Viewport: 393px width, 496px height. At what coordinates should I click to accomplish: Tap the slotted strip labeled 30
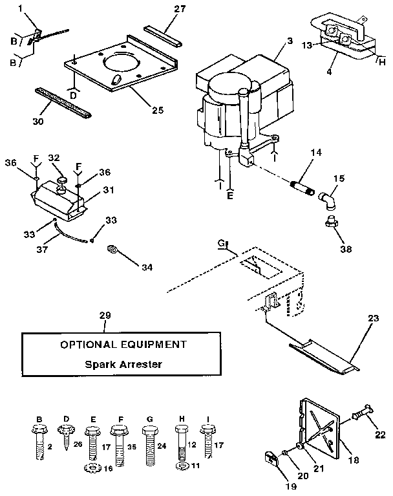54,103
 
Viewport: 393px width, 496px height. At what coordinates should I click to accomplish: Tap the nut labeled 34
114,249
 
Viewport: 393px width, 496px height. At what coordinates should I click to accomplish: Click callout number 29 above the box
105,315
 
